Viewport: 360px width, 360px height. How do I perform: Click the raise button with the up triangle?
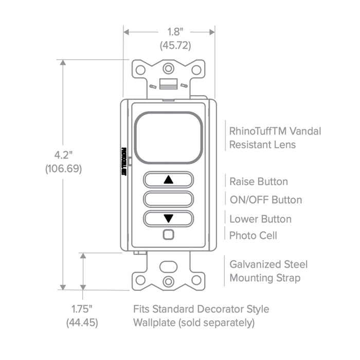[x=168, y=181]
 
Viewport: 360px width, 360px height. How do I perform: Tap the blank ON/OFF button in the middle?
[x=168, y=200]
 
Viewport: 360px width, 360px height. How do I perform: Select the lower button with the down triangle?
[x=168, y=218]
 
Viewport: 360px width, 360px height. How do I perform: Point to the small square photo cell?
[x=168, y=235]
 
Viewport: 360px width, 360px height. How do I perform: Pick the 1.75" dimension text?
[x=82, y=309]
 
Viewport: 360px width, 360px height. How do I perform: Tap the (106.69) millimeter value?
[x=63, y=168]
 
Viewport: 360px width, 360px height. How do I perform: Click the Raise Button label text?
[x=258, y=182]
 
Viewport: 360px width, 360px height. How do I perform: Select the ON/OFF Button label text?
[x=265, y=200]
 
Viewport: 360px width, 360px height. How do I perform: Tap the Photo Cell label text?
[x=253, y=235]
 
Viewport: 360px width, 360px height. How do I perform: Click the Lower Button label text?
[x=260, y=219]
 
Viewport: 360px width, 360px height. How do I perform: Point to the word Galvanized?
[x=254, y=264]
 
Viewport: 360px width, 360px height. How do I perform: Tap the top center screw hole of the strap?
[x=168, y=68]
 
